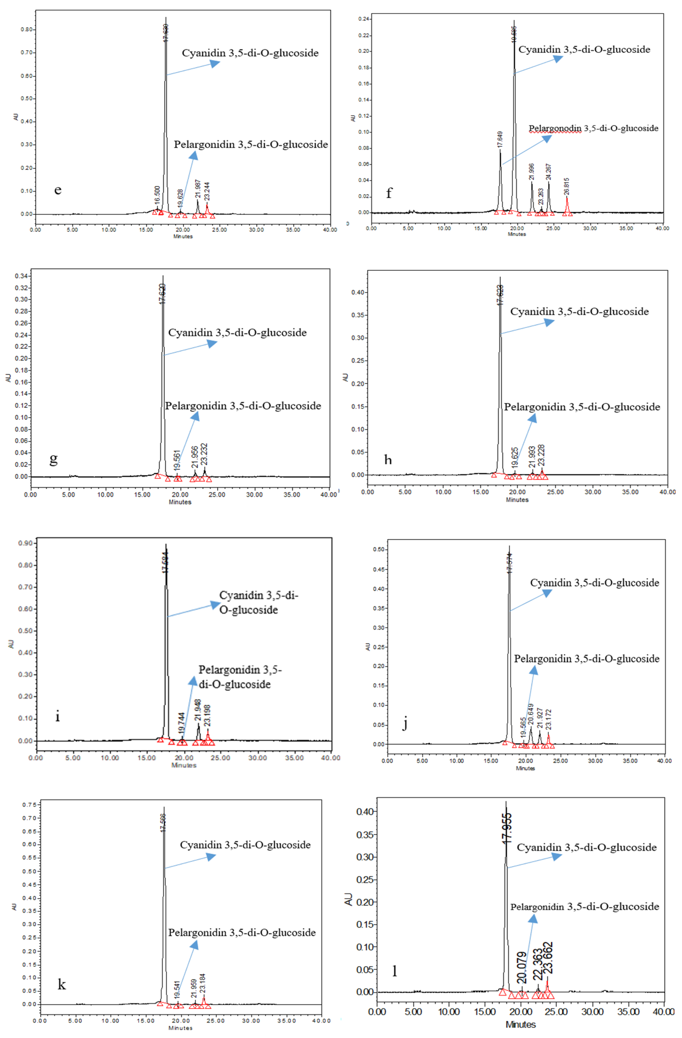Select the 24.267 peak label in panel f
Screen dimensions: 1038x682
549,172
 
